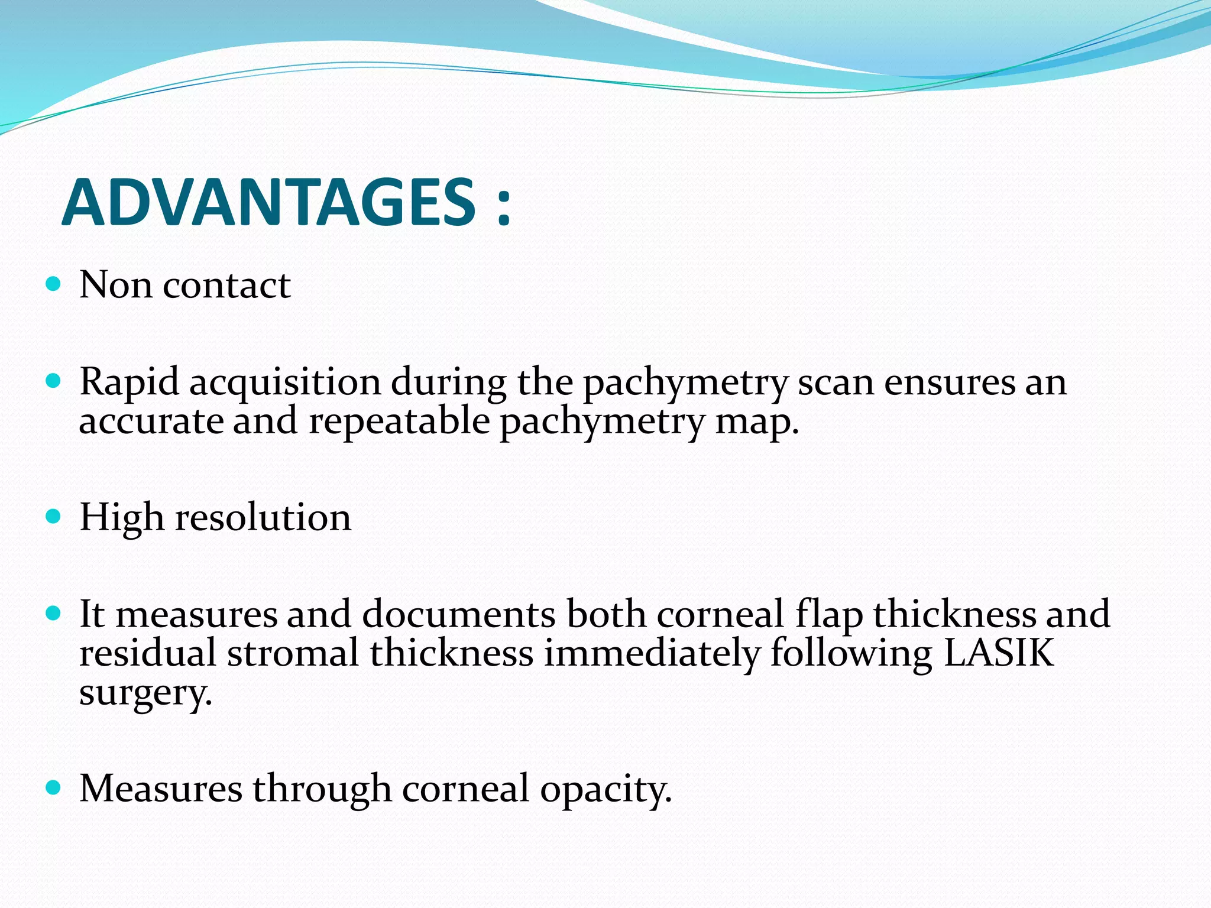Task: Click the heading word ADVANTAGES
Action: [x=269, y=203]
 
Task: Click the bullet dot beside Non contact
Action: [x=53, y=284]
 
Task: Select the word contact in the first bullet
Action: [x=226, y=286]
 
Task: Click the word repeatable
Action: [x=399, y=422]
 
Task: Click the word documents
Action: [x=459, y=614]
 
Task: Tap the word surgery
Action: [x=145, y=693]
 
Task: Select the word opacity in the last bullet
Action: [x=605, y=790]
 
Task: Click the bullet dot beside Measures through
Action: [x=53, y=788]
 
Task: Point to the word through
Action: [x=322, y=790]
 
